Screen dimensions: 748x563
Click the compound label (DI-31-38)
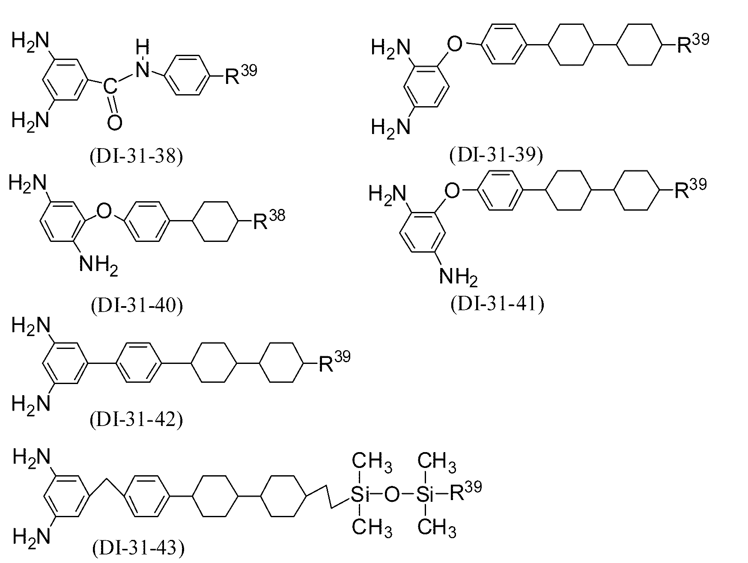(x=137, y=156)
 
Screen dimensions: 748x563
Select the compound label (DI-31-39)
(x=496, y=155)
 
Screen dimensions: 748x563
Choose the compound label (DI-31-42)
(x=137, y=420)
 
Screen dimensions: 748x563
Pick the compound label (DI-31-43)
(x=138, y=548)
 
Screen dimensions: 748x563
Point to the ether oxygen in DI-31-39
(x=455, y=44)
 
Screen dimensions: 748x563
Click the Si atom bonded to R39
(x=425, y=495)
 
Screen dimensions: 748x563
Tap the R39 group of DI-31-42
(x=334, y=361)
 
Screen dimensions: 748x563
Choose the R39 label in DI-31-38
(x=241, y=75)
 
